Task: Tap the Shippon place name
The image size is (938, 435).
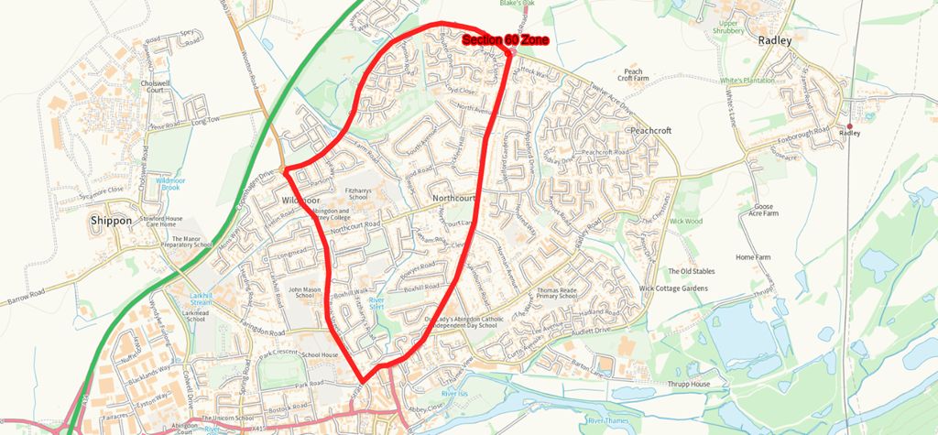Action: coord(113,221)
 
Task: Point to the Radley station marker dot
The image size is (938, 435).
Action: coord(850,125)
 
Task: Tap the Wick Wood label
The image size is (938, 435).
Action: coord(685,221)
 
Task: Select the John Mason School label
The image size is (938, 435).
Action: coord(307,293)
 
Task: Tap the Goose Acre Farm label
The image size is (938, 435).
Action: coord(764,211)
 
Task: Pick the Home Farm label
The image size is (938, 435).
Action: coord(754,257)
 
